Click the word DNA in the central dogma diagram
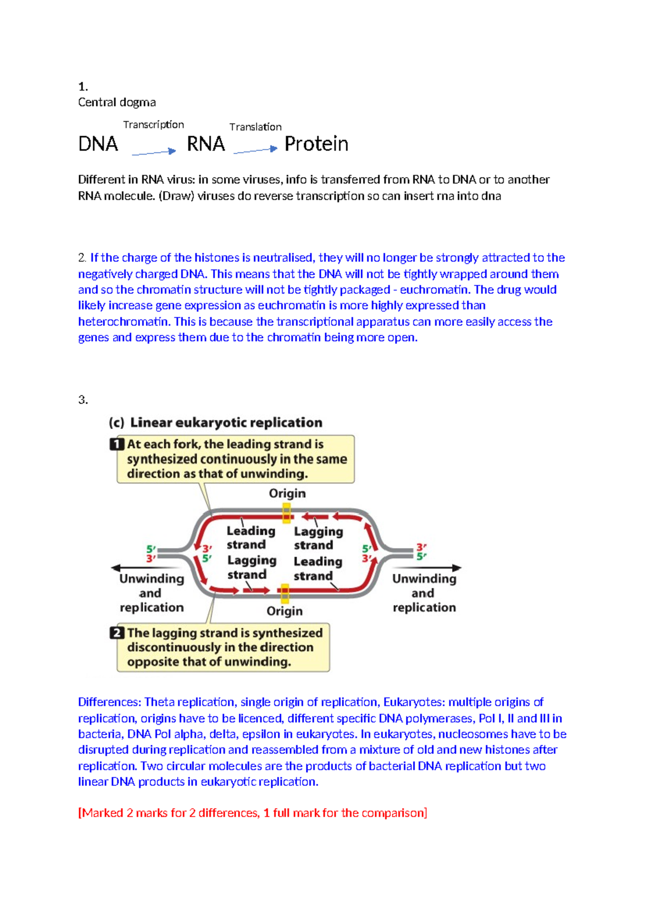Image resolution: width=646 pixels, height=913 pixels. point(98,144)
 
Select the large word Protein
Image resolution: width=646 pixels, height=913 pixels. point(316,144)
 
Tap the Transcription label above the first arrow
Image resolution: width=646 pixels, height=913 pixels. point(153,125)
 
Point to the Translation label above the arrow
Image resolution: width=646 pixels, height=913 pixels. point(255,127)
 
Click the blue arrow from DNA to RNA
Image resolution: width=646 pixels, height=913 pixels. point(154,152)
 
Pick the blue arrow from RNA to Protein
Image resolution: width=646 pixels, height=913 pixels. point(255,150)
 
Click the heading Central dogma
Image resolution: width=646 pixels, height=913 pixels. point(117,102)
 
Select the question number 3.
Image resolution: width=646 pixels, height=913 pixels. point(82,400)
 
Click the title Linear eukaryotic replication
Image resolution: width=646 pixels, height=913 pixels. point(226,423)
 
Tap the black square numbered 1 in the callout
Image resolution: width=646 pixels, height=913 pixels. point(116,444)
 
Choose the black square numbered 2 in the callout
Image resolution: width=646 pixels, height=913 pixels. point(116,633)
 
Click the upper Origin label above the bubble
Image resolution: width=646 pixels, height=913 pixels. point(287,494)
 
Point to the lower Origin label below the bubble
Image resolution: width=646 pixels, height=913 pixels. point(284,612)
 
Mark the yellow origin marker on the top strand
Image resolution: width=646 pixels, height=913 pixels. point(286,513)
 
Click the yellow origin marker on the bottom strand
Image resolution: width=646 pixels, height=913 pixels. point(285,593)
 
